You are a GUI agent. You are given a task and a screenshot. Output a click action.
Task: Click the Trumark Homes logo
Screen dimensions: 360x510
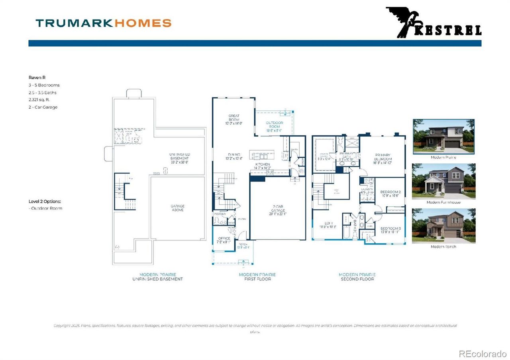click(103, 23)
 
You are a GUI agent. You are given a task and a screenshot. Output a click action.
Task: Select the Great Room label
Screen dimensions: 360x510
click(234, 119)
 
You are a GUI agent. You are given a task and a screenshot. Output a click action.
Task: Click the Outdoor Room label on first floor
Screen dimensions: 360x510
click(274, 126)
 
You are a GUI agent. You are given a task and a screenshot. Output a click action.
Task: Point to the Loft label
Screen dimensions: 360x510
click(329, 224)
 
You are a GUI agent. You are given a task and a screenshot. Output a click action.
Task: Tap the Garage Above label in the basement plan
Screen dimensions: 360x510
click(177, 208)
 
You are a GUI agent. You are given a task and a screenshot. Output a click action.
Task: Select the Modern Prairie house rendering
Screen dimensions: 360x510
click(443, 137)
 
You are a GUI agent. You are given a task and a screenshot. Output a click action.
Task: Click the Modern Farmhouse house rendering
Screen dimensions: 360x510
click(443, 181)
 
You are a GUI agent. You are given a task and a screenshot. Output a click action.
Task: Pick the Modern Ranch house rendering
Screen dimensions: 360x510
click(443, 226)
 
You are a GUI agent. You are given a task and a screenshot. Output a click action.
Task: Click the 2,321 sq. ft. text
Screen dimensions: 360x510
click(39, 100)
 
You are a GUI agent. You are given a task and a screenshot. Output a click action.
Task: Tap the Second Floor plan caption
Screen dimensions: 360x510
click(357, 279)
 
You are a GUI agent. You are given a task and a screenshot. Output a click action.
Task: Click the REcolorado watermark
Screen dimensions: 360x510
click(483, 353)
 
